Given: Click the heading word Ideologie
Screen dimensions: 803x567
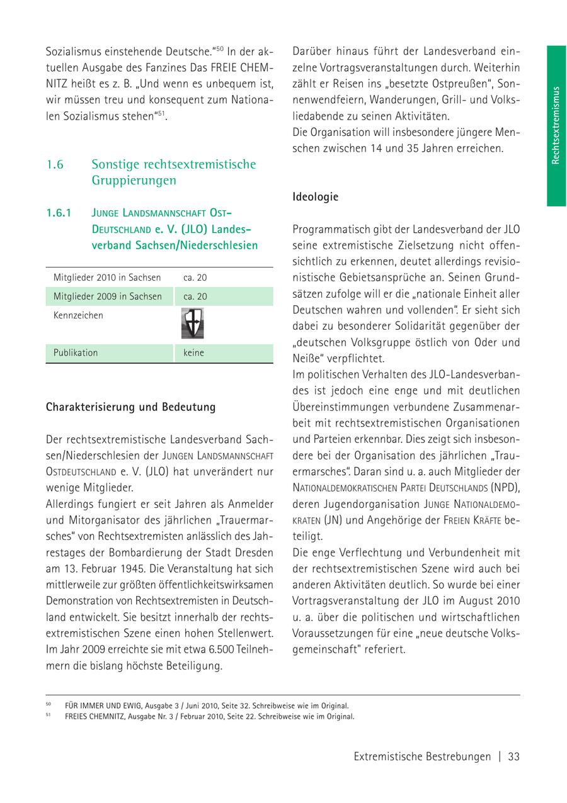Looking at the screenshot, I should (315, 197).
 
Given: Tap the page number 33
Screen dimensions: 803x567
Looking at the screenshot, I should (513, 757).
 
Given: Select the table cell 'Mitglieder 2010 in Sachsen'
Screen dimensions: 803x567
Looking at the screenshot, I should (106, 278).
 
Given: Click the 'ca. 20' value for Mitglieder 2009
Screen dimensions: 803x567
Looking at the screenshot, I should (195, 296).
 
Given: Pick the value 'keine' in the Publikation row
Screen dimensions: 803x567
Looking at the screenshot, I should (193, 353).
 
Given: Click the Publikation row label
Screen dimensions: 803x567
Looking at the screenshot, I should (76, 353).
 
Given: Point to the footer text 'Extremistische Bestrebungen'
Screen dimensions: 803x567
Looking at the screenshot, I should (421, 757).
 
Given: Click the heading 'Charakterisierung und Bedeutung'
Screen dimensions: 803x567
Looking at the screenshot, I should (130, 407).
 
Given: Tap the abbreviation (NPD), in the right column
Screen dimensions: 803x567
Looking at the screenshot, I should (505, 488).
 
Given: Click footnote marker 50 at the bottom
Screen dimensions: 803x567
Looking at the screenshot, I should (49, 705).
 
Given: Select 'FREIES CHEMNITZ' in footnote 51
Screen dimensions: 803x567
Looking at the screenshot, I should (93, 716).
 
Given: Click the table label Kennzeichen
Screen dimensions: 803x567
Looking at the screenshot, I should (77, 315).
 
